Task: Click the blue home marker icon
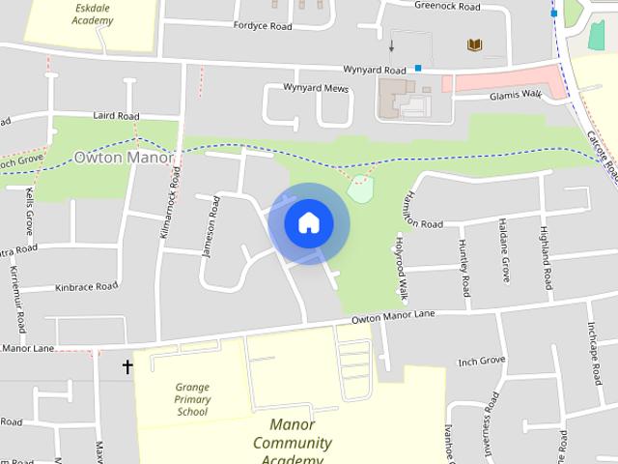pos(309,222)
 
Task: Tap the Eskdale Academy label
pos(93,13)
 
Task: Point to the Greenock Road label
pos(447,7)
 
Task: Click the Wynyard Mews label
pos(315,87)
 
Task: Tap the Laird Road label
pos(117,115)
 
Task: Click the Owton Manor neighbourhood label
pos(124,157)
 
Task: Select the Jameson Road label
pos(211,227)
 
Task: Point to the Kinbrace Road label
pos(86,286)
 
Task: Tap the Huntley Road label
pos(464,267)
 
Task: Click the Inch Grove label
pos(482,362)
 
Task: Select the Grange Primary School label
pos(192,399)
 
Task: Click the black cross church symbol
pos(127,366)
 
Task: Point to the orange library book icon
pos(474,44)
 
